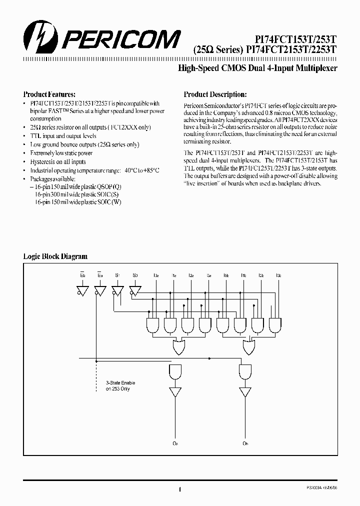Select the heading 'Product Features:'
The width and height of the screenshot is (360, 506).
point(49,94)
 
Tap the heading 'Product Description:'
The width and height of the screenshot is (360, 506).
point(215,94)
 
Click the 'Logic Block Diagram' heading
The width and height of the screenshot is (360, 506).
point(55,256)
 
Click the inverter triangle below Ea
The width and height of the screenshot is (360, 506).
point(100,290)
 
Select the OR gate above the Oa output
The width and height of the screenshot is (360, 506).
point(178,346)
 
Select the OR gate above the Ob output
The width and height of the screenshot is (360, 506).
point(248,346)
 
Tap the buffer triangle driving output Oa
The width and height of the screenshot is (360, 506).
point(175,391)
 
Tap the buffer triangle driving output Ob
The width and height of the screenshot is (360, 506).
point(245,391)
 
